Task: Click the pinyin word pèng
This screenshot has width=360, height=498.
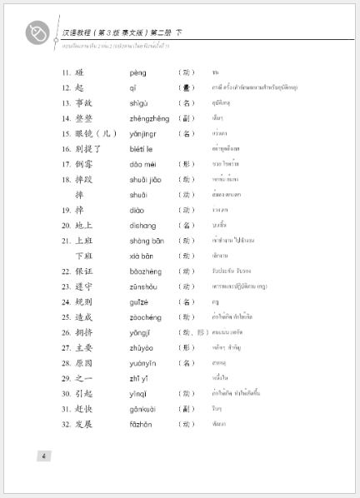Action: pos(138,72)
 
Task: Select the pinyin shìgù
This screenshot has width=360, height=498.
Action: pos(139,103)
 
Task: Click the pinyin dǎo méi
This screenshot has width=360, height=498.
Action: pos(142,164)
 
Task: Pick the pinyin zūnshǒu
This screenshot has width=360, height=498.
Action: pos(143,286)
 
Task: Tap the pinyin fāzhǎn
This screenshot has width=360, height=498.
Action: pos(141,424)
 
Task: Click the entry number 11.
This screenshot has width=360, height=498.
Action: pos(66,72)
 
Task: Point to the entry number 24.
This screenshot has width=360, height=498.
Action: pos(66,301)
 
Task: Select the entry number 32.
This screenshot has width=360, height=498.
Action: pos(66,424)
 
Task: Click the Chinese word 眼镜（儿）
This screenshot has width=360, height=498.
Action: pos(97,133)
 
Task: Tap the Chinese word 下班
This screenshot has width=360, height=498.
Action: pos(84,256)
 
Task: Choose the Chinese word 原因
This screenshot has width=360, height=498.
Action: pos(84,363)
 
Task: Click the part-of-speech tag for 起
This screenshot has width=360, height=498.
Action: pos(187,87)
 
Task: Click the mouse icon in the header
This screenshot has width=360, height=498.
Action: pos(37,32)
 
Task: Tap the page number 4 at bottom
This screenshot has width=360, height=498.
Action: pos(43,455)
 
